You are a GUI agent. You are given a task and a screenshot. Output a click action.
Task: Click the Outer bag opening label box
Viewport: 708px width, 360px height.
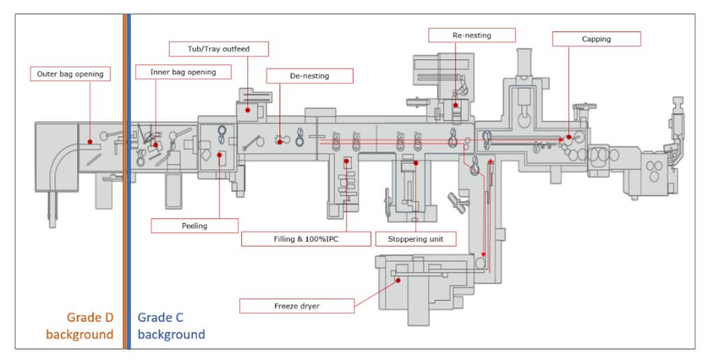pyautogui.click(x=71, y=73)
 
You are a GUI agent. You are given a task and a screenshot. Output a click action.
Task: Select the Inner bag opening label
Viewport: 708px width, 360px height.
pyautogui.click(x=183, y=71)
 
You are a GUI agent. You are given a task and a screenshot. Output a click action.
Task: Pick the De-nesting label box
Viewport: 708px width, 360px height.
pyautogui.click(x=310, y=75)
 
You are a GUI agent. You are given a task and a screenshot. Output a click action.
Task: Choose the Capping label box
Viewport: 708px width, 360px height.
pyautogui.click(x=595, y=39)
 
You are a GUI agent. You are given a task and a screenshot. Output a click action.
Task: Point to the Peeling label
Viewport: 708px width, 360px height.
pyautogui.click(x=194, y=226)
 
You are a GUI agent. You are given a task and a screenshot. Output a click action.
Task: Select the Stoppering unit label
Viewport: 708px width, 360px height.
pyautogui.click(x=415, y=239)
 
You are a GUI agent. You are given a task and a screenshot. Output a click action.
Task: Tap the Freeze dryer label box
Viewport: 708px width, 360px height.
pyautogui.click(x=297, y=306)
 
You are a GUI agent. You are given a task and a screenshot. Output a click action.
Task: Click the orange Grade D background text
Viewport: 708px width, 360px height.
pyautogui.click(x=80, y=325)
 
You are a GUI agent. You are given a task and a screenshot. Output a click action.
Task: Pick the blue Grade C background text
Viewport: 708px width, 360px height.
pyautogui.click(x=171, y=325)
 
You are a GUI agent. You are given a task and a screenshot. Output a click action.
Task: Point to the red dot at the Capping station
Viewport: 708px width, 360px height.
pyautogui.click(x=569, y=137)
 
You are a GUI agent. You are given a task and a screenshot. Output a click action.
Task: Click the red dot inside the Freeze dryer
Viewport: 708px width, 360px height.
pyautogui.click(x=398, y=280)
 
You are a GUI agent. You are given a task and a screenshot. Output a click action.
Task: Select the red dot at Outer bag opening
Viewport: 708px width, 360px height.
pyautogui.click(x=91, y=143)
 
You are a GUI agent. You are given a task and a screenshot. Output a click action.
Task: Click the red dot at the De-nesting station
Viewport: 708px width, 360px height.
pyautogui.click(x=280, y=142)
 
